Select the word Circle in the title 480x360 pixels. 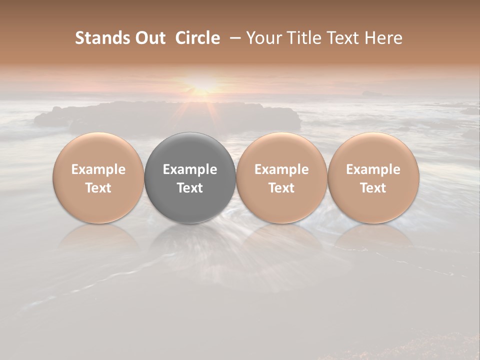197,38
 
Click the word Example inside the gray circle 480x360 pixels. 190,169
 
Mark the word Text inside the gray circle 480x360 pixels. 190,188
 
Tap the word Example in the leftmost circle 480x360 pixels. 98,169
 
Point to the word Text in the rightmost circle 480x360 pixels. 373,188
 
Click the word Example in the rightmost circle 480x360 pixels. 373,169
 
